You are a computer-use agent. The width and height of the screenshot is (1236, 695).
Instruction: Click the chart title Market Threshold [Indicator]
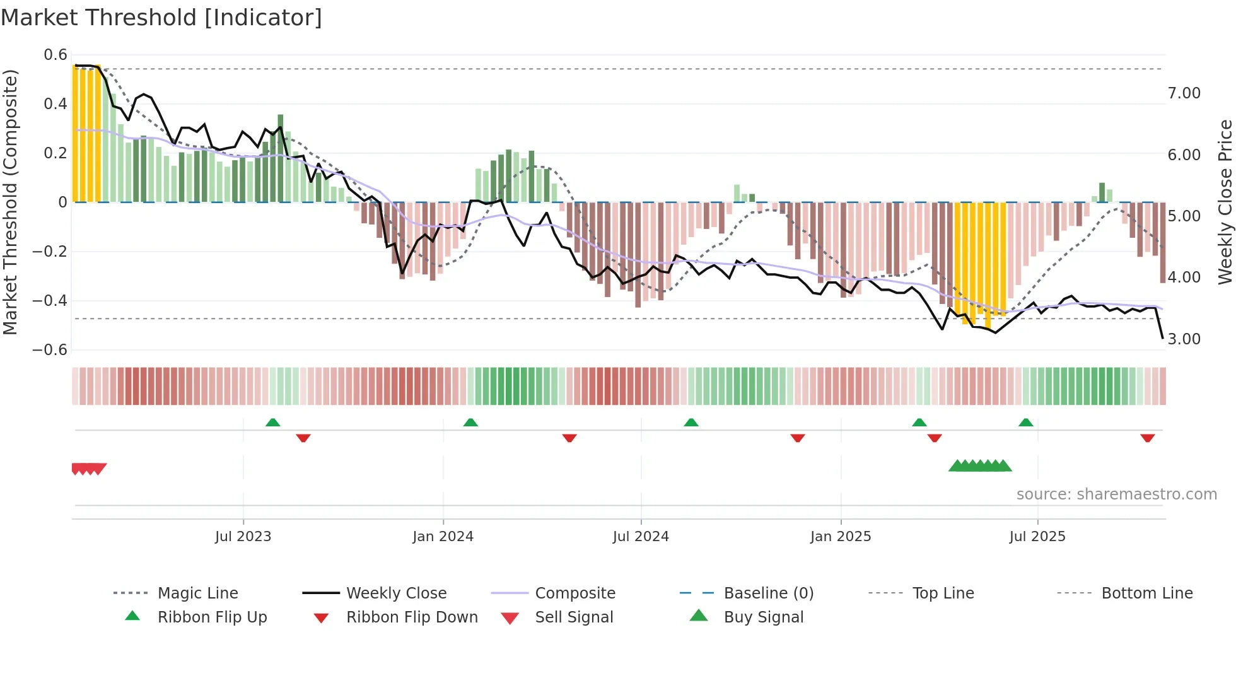[x=161, y=18]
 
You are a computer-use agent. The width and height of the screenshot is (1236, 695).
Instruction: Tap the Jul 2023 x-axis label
[x=243, y=537]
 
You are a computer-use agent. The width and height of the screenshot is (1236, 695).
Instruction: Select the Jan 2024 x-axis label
[x=443, y=537]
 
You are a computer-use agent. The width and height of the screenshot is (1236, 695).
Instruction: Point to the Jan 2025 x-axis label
[x=841, y=537]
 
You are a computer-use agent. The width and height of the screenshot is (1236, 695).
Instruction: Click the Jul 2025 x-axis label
[x=1037, y=537]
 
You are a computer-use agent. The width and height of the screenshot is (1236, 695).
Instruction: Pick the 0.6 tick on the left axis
[x=55, y=55]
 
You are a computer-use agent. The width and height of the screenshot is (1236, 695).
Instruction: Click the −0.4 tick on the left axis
[x=50, y=301]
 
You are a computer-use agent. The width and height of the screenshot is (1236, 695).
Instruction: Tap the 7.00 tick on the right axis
[x=1184, y=93]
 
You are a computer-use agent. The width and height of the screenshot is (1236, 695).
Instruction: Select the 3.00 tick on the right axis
[x=1184, y=339]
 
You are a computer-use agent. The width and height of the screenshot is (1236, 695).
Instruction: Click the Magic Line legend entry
[x=197, y=593]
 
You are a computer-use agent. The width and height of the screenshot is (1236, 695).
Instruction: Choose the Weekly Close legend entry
[x=396, y=593]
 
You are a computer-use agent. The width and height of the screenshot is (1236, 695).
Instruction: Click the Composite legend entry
[x=575, y=593]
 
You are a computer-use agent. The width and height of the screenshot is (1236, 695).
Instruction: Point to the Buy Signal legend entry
[x=763, y=617]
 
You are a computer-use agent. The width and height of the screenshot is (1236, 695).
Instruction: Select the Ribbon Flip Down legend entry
[x=412, y=617]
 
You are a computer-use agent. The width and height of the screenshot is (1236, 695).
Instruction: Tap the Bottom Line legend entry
[x=1146, y=593]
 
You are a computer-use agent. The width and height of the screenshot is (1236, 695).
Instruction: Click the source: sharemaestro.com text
[x=1116, y=494]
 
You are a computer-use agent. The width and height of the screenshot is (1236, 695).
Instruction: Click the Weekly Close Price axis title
[x=1225, y=202]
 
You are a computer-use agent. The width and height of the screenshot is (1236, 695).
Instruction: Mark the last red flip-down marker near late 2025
[x=1147, y=438]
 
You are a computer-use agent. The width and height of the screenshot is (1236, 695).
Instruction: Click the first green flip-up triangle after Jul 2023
[x=272, y=423]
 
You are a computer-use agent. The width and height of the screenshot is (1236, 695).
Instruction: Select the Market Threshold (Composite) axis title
[x=10, y=202]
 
